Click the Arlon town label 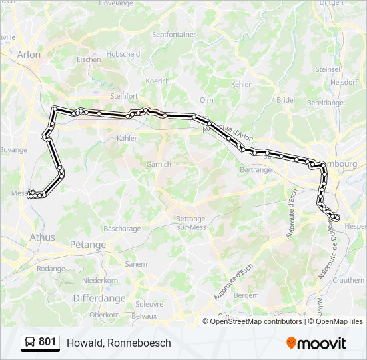29,55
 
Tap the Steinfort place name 123,95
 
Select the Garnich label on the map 159,164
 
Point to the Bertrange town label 255,170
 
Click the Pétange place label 88,245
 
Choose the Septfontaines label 174,34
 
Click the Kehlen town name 242,85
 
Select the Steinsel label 328,69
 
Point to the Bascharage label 123,229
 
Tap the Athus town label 43,237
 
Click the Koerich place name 158,81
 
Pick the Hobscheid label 123,54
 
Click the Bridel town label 286,99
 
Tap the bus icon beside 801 29,343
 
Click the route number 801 47,342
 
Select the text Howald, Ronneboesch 119,343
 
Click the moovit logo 316,343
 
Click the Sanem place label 136,264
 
